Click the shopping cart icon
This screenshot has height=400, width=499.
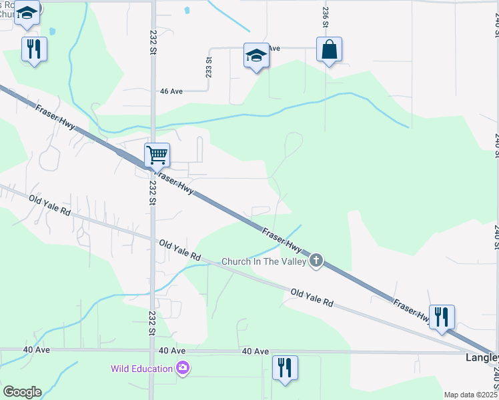[157, 155]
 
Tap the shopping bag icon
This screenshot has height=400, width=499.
[329, 50]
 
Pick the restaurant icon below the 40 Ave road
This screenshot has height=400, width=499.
[285, 367]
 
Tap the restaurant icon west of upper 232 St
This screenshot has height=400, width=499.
[34, 49]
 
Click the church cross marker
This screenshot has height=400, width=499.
[317, 261]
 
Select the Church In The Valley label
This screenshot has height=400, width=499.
[264, 261]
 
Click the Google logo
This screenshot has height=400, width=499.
[22, 391]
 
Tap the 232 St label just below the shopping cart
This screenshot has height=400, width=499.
[153, 193]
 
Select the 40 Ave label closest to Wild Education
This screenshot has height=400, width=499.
[172, 351]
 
